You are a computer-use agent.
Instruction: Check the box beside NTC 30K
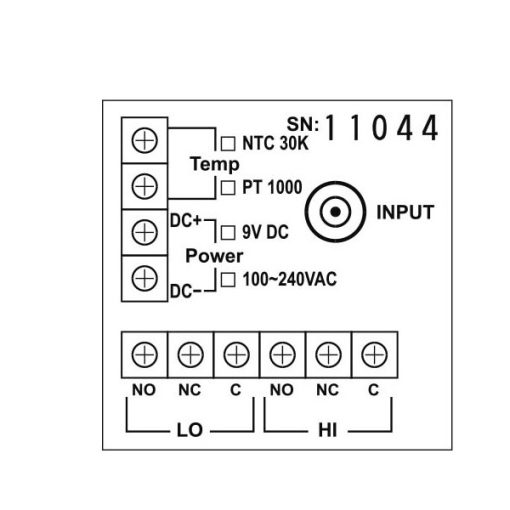point(228,143)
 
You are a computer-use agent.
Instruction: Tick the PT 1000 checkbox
point(228,188)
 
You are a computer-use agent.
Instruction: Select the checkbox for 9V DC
point(228,233)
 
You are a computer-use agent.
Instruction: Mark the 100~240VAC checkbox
point(228,279)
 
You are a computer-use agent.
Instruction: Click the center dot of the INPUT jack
point(335,212)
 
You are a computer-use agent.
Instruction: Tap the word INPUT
point(405,212)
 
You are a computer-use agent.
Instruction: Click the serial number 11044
point(381,127)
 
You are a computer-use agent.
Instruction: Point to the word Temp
point(215,164)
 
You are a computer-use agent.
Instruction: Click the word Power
point(214,256)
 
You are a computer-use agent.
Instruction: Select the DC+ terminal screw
point(144,232)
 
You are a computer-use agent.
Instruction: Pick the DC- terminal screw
point(144,278)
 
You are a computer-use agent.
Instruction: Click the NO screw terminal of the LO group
point(144,354)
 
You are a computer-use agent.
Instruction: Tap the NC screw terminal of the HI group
point(328,354)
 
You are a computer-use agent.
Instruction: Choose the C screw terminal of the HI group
point(374,354)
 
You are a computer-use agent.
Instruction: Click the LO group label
point(190,430)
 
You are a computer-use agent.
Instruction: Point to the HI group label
point(328,430)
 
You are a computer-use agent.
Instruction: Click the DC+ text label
point(186,220)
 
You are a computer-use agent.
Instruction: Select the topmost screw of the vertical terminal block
point(144,140)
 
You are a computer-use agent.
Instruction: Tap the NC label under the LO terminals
point(190,390)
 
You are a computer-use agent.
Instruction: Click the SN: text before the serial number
point(303,124)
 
